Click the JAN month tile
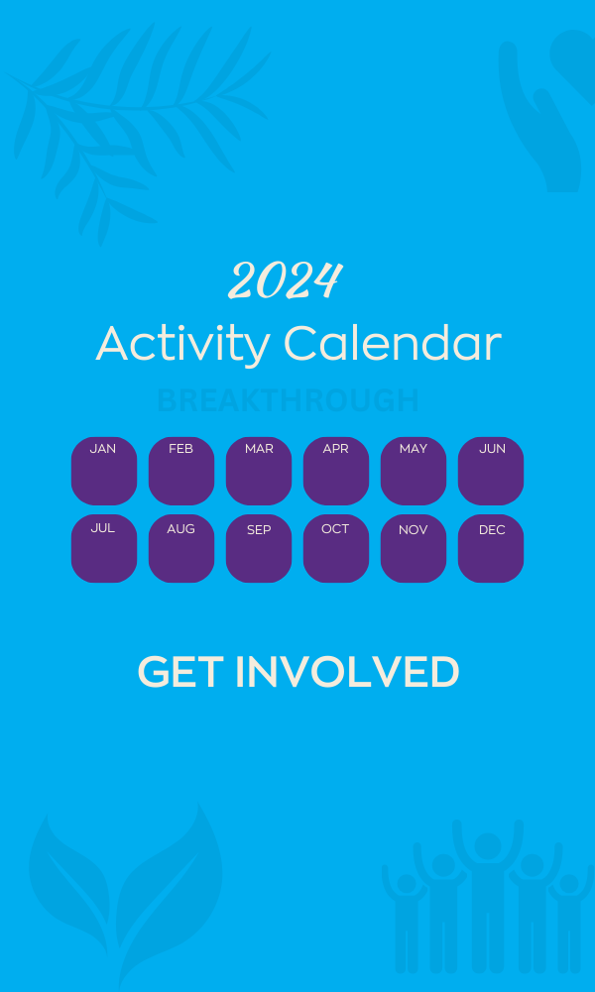pyautogui.click(x=104, y=471)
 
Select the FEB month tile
pyautogui.click(x=181, y=471)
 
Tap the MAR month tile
pyautogui.click(x=259, y=471)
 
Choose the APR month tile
pyautogui.click(x=336, y=471)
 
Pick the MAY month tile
pyautogui.click(x=414, y=471)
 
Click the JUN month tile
pyautogui.click(x=491, y=471)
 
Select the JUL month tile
pyautogui.click(x=104, y=548)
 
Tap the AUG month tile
pyautogui.click(x=181, y=548)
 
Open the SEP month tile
pyautogui.click(x=259, y=548)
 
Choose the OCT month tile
pyautogui.click(x=336, y=548)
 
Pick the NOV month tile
pyautogui.click(x=414, y=548)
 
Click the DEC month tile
pyautogui.click(x=491, y=548)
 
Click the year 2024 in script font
pyautogui.click(x=286, y=281)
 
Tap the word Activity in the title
pyautogui.click(x=182, y=344)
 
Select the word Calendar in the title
pyautogui.click(x=393, y=344)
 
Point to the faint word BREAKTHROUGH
pyautogui.click(x=288, y=400)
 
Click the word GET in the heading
pyautogui.click(x=179, y=672)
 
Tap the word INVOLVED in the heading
pyautogui.click(x=347, y=672)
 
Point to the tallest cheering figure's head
pyautogui.click(x=488, y=847)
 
